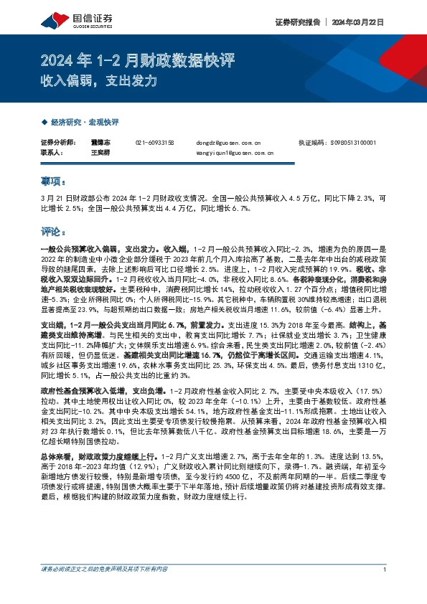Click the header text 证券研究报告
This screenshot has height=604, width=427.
click(296, 22)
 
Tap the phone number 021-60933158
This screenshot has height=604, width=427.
click(154, 143)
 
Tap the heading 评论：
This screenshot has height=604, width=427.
click(54, 232)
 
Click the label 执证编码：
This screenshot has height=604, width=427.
click(312, 143)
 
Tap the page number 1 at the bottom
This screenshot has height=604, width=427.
click(385, 570)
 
